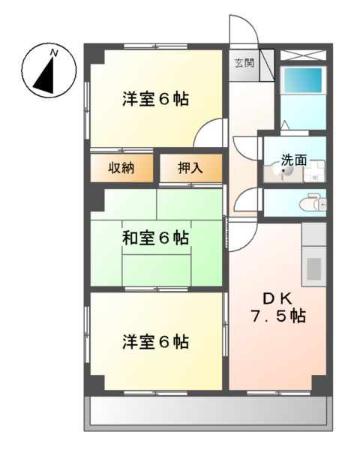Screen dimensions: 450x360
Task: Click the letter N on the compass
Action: [x=54, y=52]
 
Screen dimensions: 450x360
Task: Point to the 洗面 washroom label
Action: [x=294, y=159]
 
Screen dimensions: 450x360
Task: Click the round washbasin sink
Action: [x=284, y=172]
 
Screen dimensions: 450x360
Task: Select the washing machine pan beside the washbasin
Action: [x=314, y=171]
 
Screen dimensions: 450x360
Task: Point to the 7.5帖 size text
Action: [x=277, y=316]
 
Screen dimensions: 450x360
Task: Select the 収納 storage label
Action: [x=119, y=168]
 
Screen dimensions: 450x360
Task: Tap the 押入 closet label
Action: [x=190, y=168]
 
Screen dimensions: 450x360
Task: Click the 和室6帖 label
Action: [x=156, y=238]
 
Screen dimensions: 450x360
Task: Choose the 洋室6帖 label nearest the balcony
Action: [x=156, y=342]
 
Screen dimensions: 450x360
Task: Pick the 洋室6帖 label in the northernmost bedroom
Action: [x=156, y=98]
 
